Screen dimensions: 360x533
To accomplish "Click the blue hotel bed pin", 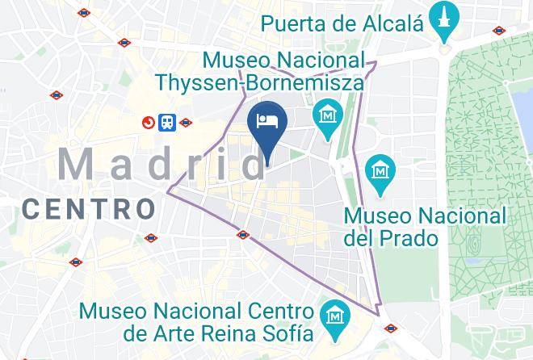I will click(x=267, y=122).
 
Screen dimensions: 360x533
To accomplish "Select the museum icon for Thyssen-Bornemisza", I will click(x=328, y=114).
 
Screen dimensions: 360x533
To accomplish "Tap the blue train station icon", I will click(x=167, y=122).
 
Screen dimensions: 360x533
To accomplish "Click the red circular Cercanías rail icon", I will click(x=149, y=123).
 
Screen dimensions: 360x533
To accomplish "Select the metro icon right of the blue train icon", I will click(x=187, y=123).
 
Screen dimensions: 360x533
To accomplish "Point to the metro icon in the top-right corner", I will click(x=500, y=31).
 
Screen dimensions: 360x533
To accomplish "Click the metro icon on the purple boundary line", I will click(x=243, y=235).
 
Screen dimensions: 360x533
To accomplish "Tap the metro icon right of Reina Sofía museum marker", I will click(x=391, y=329).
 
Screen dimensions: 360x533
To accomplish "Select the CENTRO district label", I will click(x=88, y=209).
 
